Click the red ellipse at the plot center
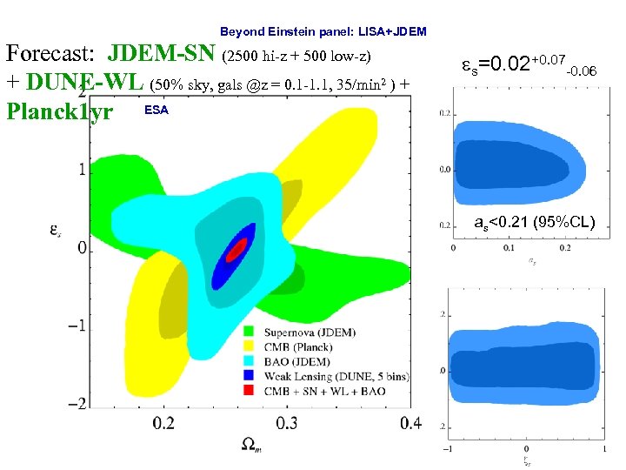pyautogui.click(x=236, y=250)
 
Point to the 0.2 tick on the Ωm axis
pyautogui.click(x=163, y=423)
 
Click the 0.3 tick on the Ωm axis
pyautogui.click(x=287, y=423)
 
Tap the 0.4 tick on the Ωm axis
pyautogui.click(x=410, y=423)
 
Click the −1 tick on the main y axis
pyautogui.click(x=77, y=326)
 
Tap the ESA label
pyautogui.click(x=156, y=111)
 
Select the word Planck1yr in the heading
pyautogui.click(x=59, y=112)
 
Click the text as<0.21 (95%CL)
pyautogui.click(x=535, y=223)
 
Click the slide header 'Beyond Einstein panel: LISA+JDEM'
pyautogui.click(x=323, y=31)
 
